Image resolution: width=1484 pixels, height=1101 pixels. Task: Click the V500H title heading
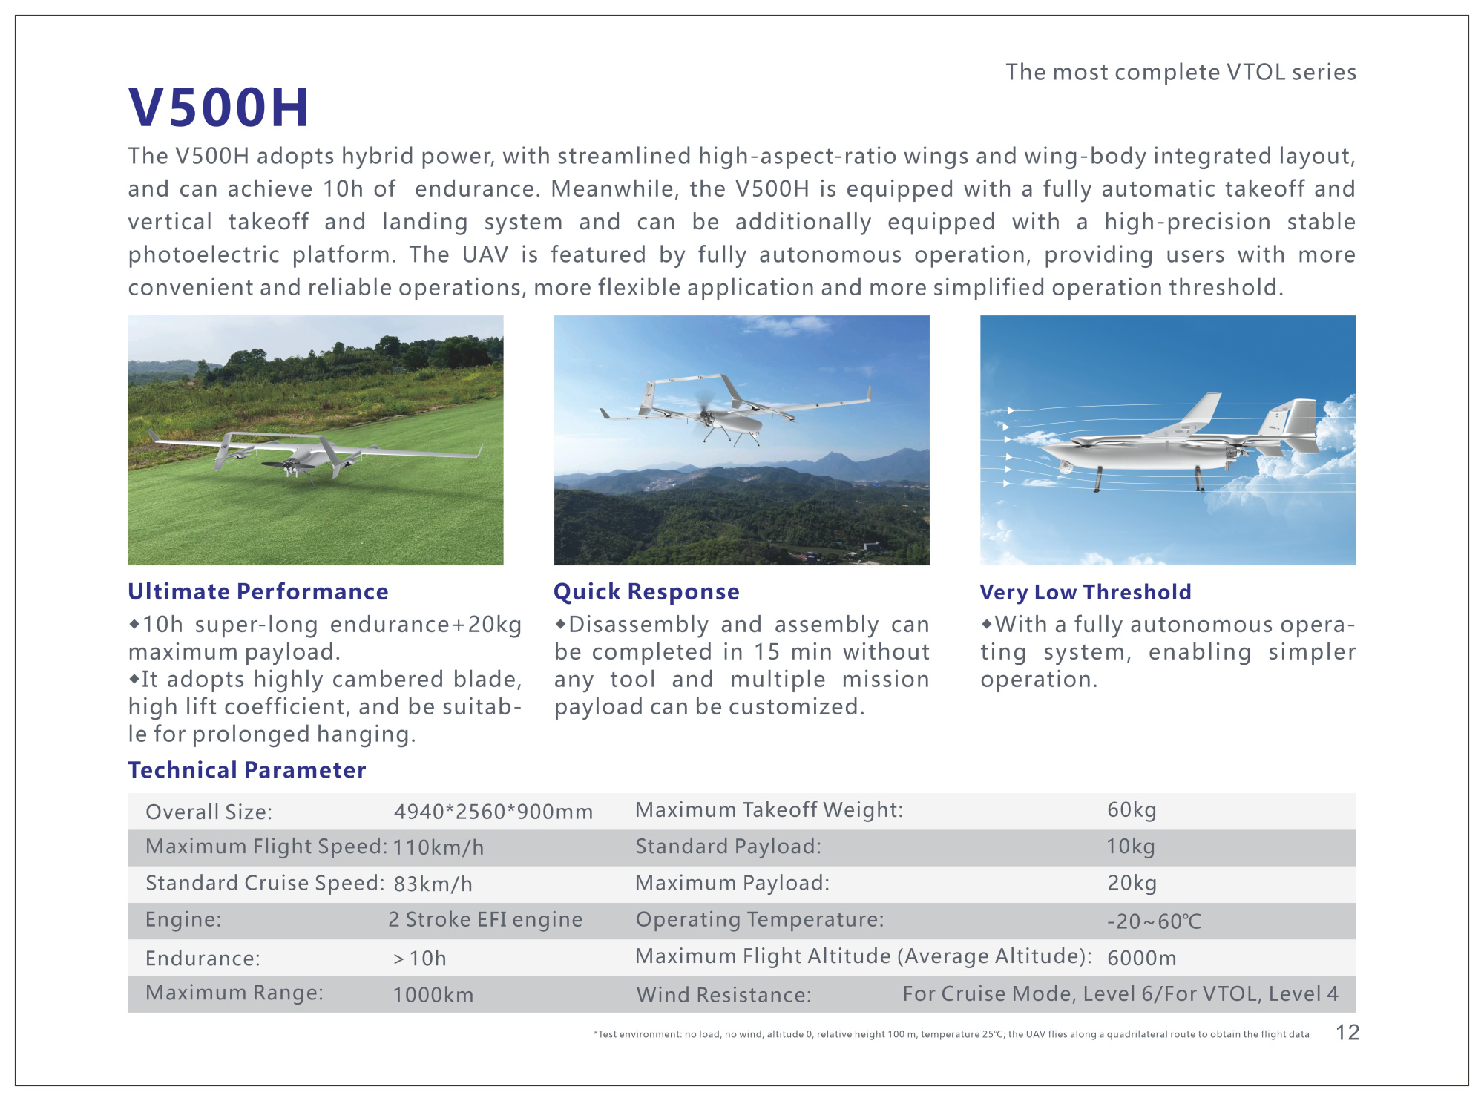218,108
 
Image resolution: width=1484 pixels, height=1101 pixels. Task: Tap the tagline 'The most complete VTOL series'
1181,72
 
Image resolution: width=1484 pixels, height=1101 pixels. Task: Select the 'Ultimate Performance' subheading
258,591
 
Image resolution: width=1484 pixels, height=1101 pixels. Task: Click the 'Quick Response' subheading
646,591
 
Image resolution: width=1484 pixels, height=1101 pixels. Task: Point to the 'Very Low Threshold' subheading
1086,592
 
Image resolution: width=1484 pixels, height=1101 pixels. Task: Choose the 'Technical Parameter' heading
247,770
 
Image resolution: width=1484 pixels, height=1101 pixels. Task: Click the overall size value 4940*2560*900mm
493,812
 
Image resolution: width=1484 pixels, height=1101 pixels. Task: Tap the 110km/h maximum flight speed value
439,847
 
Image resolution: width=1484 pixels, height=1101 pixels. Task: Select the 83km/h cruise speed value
433,884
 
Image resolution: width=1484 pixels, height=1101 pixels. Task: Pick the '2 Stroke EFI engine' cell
485,920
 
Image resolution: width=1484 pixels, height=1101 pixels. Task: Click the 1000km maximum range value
433,995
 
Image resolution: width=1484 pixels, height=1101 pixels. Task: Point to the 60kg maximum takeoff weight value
1132,810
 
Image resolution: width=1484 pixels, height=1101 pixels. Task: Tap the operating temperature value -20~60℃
1154,921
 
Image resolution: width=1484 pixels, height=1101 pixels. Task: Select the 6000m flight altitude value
1141,958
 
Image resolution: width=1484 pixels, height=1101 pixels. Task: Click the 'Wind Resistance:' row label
723,995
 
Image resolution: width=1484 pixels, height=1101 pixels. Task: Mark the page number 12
1347,1033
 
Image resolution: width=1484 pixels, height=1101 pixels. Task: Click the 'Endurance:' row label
203,959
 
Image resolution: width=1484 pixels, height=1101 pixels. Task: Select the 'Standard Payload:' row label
728,847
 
